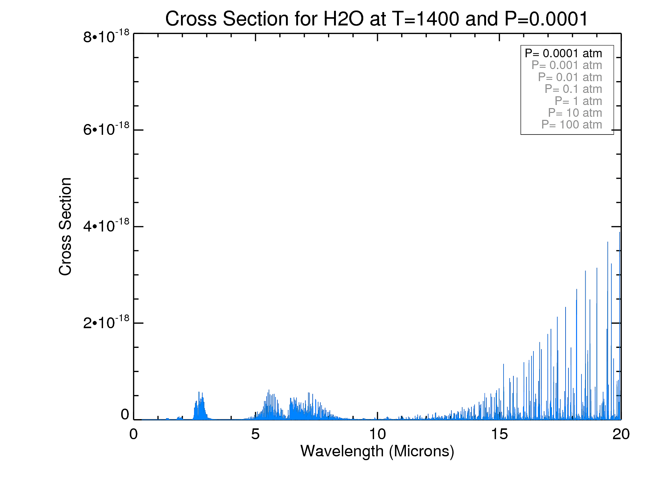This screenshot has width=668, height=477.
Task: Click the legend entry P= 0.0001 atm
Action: [x=563, y=53]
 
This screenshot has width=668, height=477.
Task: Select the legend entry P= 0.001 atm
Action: [x=567, y=65]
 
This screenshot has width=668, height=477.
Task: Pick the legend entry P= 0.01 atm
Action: [x=570, y=77]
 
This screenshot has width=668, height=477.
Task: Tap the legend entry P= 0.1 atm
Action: [x=573, y=89]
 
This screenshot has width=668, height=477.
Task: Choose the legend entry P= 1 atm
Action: [x=578, y=101]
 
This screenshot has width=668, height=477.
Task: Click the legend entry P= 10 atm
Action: [x=575, y=113]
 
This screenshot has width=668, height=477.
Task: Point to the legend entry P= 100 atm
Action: [x=572, y=125]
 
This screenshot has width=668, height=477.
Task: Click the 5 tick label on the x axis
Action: [x=255, y=434]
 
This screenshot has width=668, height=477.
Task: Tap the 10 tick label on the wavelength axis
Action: [x=377, y=434]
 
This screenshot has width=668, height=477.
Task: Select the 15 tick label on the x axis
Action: [x=499, y=434]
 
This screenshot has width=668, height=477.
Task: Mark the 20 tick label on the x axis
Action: [x=621, y=434]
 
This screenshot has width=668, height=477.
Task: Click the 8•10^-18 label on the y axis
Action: [x=106, y=36]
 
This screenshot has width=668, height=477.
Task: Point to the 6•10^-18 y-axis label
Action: [x=106, y=129]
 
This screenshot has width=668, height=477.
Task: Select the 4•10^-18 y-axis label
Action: [x=106, y=226]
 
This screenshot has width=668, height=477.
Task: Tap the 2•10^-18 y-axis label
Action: [x=106, y=322]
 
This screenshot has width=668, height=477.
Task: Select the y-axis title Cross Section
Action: [x=66, y=226]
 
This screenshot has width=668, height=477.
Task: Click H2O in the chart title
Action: [x=343, y=19]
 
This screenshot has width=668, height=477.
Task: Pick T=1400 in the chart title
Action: [x=426, y=19]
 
